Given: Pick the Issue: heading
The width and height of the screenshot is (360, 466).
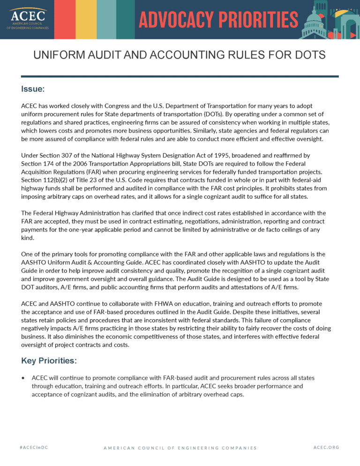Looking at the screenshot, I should [x=33, y=89].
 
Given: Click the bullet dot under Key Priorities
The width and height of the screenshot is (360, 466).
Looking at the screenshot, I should [x=23, y=378].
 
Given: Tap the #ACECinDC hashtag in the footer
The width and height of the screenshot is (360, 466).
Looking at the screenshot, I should [x=33, y=447].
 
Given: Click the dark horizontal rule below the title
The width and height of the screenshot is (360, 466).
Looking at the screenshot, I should [x=180, y=76].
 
